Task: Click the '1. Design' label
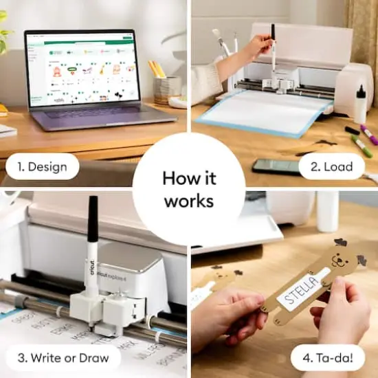(43, 166)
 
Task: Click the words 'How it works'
(188, 188)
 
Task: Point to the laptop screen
(80, 67)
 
